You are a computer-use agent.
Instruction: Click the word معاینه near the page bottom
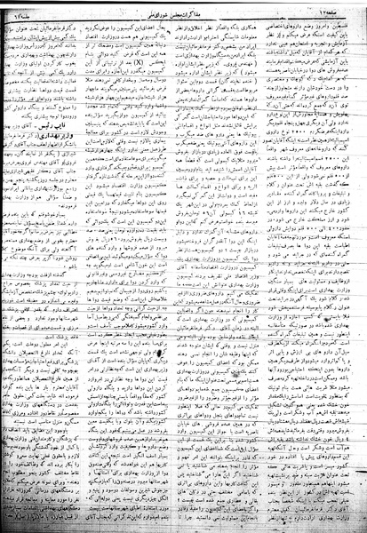133,498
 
